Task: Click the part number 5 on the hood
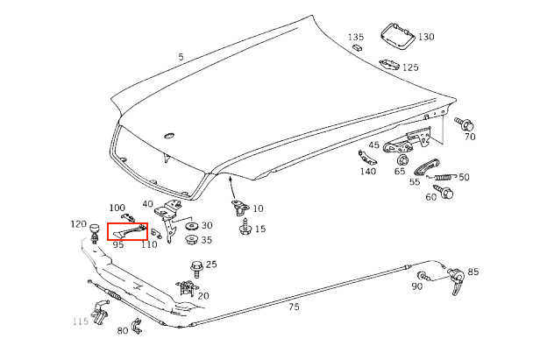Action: point(181,58)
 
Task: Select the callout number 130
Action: point(426,37)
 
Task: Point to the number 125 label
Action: point(410,67)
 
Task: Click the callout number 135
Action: point(355,37)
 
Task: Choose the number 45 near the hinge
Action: point(374,145)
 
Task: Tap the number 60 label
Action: point(430,197)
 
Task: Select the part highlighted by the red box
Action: point(127,232)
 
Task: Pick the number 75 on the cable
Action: point(295,307)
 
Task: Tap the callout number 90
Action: point(416,286)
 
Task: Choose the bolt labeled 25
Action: point(195,266)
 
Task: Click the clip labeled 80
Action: point(136,328)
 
